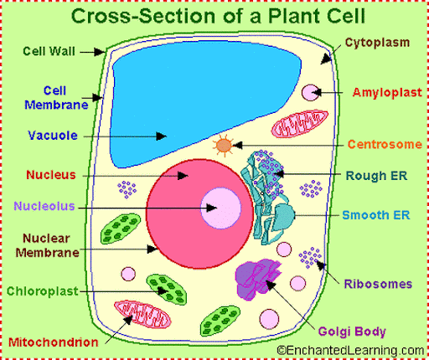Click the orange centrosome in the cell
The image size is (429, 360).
(224, 146)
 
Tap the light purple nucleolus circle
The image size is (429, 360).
(220, 208)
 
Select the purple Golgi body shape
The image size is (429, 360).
(258, 279)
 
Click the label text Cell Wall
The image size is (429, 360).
(49, 51)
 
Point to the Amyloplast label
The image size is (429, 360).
(387, 93)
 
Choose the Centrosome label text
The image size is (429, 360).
(385, 144)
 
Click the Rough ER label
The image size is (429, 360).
(376, 176)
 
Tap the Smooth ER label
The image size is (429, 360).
(376, 215)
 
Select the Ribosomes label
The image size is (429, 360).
(378, 284)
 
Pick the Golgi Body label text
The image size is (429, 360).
(352, 332)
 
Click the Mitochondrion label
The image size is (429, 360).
(54, 342)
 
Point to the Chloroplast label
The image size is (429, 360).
(43, 291)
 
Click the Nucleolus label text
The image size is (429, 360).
(44, 206)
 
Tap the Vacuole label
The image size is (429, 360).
(53, 136)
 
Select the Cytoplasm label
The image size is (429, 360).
(378, 43)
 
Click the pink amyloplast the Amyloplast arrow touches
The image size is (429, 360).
(311, 93)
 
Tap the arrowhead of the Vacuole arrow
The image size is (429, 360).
(162, 136)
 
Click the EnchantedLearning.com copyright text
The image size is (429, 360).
(350, 351)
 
